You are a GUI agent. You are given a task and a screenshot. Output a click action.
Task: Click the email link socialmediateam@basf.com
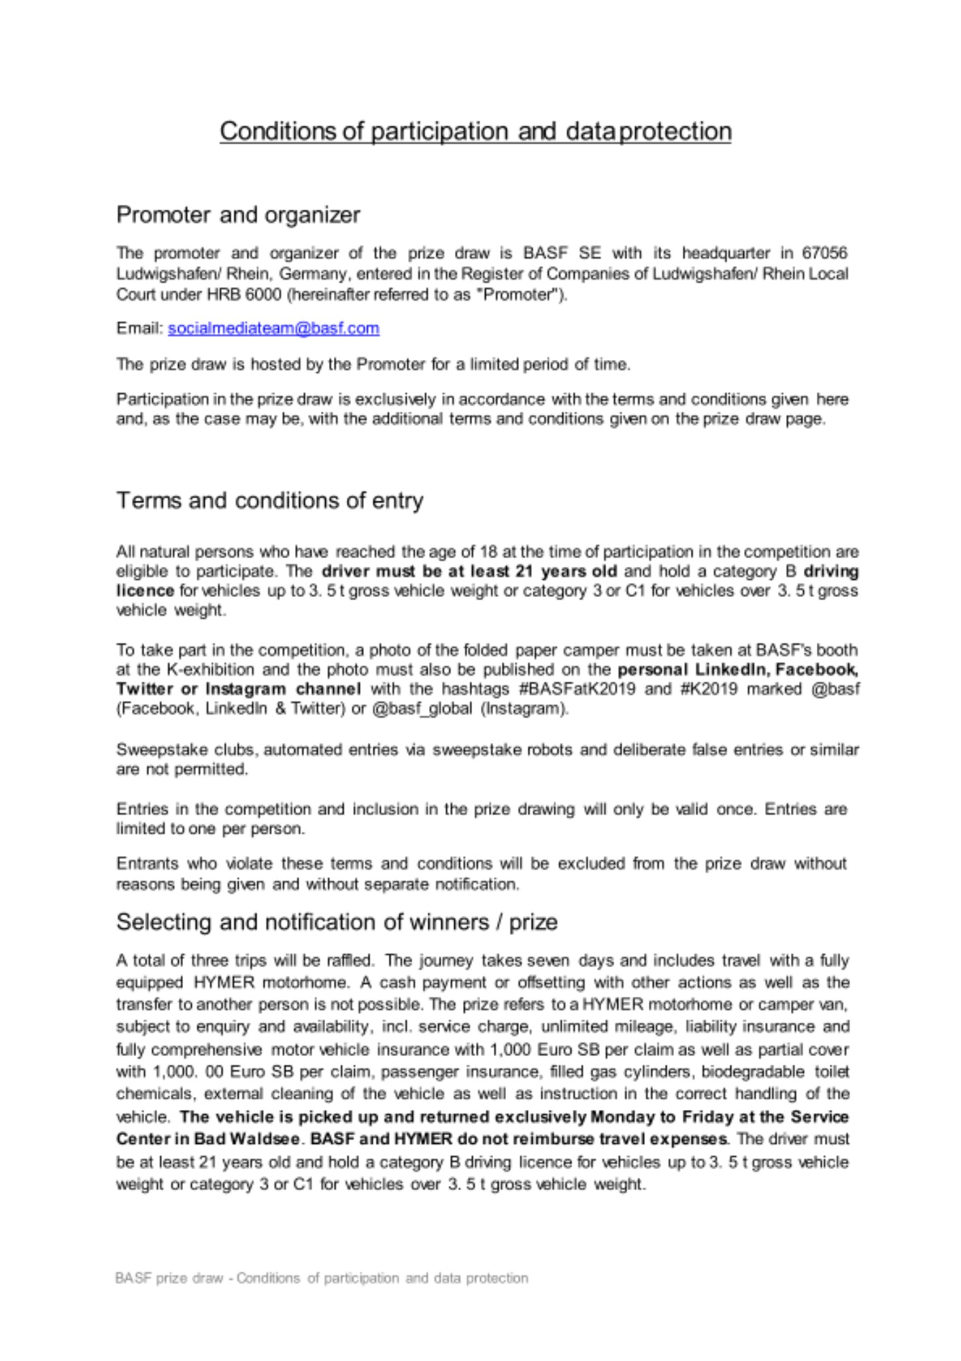(x=273, y=329)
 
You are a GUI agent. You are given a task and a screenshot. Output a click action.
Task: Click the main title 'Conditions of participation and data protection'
(x=475, y=131)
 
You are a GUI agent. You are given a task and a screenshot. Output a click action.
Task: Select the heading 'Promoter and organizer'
(x=238, y=215)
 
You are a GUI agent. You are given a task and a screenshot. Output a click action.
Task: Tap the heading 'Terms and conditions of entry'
(x=270, y=501)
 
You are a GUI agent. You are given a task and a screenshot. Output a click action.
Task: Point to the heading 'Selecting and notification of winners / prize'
(x=337, y=922)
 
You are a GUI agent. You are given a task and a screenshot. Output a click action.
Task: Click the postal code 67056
(x=824, y=253)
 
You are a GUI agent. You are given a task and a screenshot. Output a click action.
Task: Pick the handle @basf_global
(x=422, y=709)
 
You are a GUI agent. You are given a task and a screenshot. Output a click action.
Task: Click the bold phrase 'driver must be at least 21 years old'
(x=469, y=572)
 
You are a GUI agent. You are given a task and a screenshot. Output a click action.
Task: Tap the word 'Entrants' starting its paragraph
(x=146, y=864)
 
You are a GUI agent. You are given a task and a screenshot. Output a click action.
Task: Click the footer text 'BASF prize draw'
(x=169, y=1278)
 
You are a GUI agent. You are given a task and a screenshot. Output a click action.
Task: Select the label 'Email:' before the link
(x=140, y=329)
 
